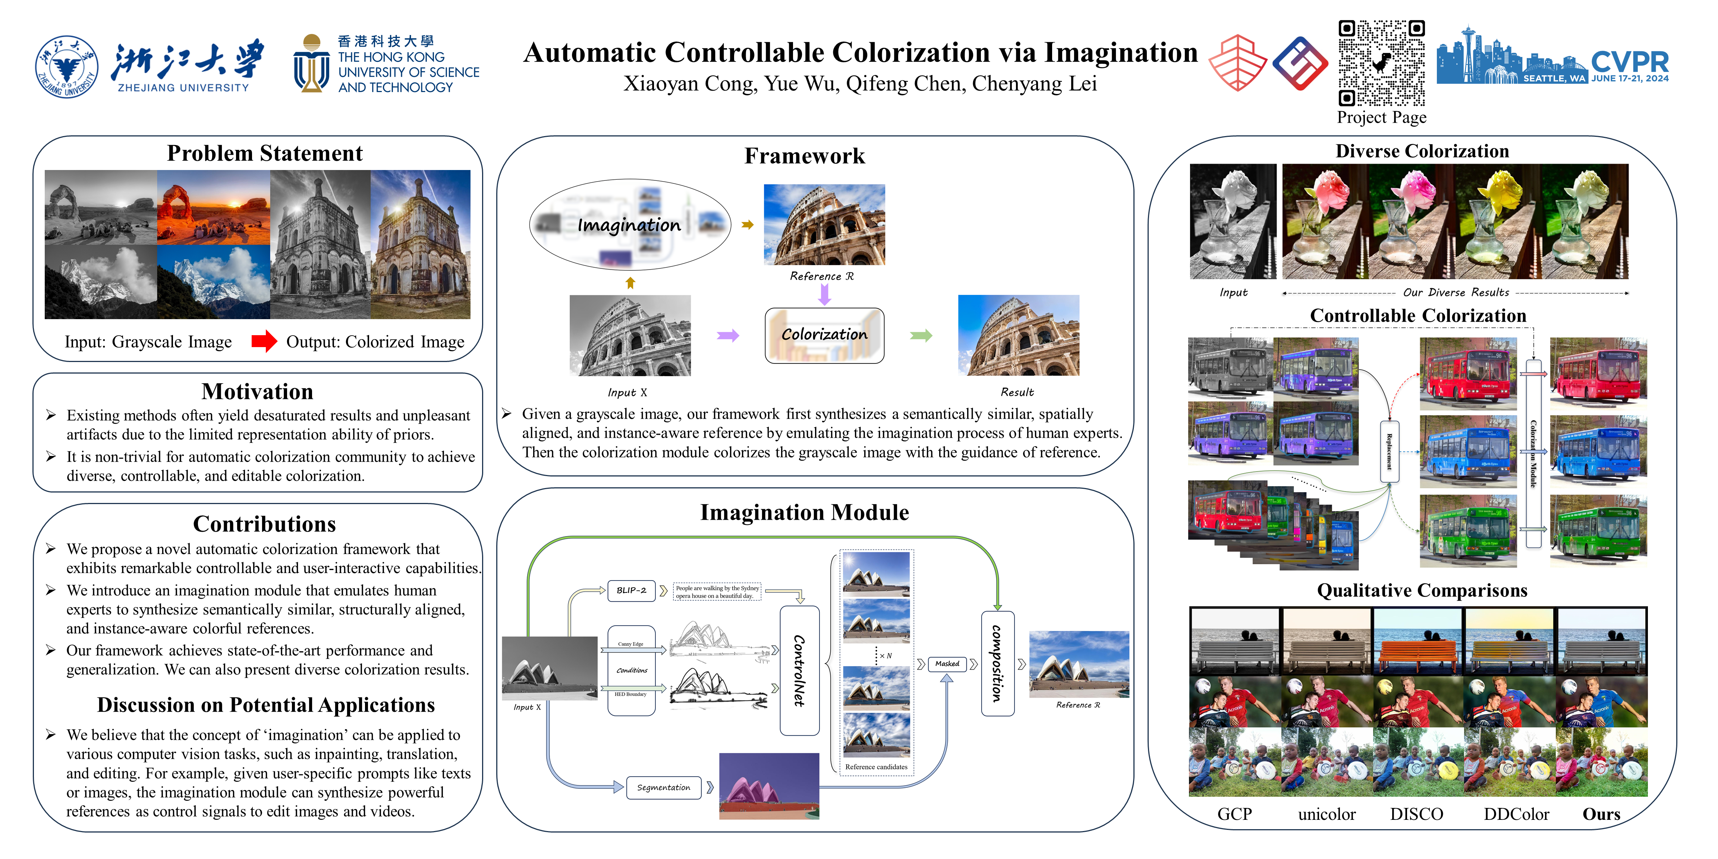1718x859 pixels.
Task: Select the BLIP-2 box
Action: pos(631,590)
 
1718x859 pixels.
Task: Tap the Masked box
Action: pos(947,664)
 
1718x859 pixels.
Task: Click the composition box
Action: pos(997,664)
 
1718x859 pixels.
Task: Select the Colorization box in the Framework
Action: pos(824,335)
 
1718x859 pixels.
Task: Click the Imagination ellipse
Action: pos(630,225)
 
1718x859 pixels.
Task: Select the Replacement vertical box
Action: pos(1389,451)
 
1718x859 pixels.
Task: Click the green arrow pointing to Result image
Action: pos(921,336)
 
